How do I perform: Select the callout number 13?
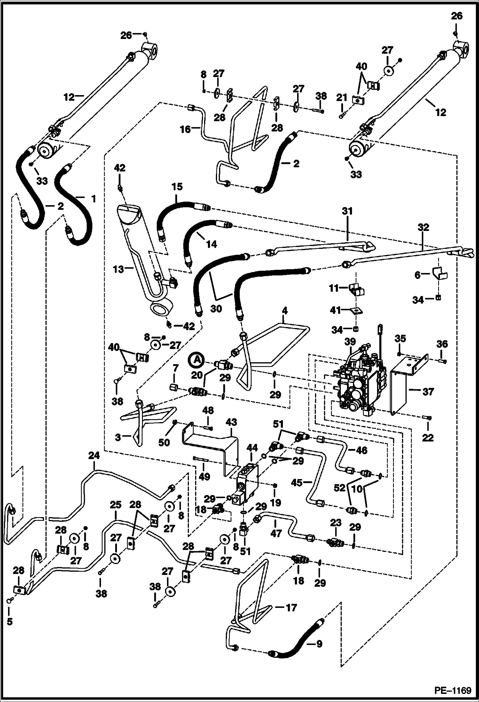tap(118, 269)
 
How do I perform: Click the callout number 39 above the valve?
tap(350, 342)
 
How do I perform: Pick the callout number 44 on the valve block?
tap(252, 448)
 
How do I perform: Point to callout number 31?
tap(347, 211)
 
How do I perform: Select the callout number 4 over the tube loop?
tap(285, 311)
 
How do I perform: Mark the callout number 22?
tap(428, 437)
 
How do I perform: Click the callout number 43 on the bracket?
tap(231, 422)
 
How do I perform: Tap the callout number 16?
tap(185, 129)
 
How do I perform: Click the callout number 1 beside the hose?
tap(93, 199)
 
